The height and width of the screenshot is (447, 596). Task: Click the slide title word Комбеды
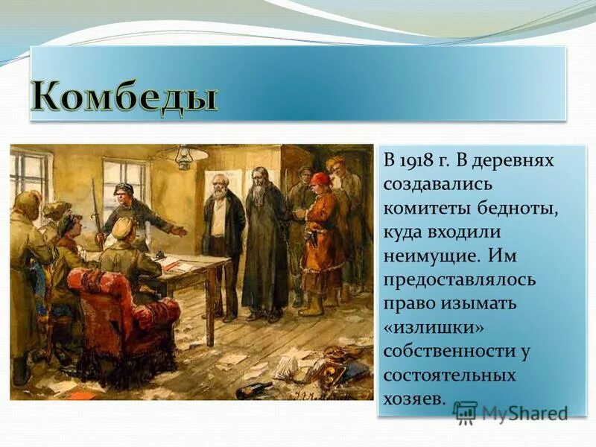tap(124, 96)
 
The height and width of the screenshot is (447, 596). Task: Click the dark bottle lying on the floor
tap(254, 390)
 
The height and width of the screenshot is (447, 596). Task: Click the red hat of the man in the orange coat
tap(320, 180)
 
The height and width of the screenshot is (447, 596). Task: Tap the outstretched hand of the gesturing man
tap(179, 232)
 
